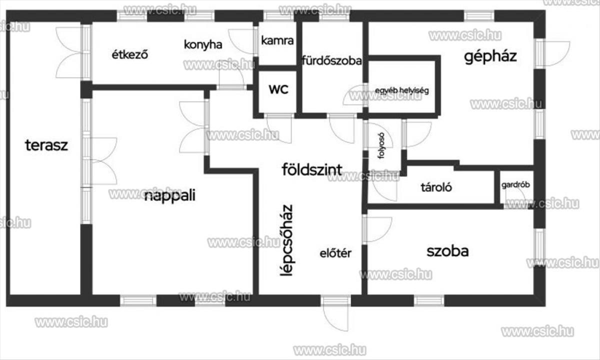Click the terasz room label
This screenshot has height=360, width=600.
(46, 145)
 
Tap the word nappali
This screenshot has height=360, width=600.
(169, 195)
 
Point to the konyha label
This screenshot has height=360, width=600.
(202, 44)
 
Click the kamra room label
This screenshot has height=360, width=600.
(277, 41)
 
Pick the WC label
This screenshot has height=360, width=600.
(278, 89)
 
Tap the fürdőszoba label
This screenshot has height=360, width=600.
(332, 61)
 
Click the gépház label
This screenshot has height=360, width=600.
(490, 56)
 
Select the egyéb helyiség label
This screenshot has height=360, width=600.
(401, 91)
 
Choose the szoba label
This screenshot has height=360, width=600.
(447, 251)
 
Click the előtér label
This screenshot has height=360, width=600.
(335, 253)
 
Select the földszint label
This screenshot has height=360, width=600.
(312, 169)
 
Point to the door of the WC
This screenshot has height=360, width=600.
(278, 128)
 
